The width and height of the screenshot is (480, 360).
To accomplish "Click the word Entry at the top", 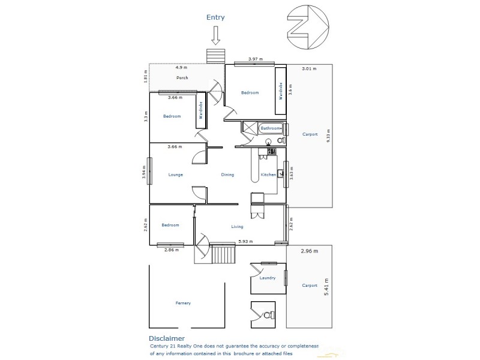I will point(215,17).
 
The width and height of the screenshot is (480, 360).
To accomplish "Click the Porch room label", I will point(182,78).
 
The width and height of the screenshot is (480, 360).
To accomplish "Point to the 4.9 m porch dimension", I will point(181,68).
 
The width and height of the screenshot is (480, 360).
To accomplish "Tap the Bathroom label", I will point(270,128).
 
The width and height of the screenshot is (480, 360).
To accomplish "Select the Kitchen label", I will point(268,175).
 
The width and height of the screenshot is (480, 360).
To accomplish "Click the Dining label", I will point(227,175).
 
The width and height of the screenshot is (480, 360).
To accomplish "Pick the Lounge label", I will point(176,175).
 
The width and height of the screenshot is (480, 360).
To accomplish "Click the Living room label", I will point(238,227).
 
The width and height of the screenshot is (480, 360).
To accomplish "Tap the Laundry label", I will point(268,278).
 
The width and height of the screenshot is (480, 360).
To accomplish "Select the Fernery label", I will point(183,303).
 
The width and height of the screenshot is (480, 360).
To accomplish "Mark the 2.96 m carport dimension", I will point(309,250).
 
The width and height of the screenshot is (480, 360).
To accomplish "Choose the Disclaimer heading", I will point(171,338).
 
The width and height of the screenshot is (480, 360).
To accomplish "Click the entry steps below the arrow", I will point(215,56).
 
